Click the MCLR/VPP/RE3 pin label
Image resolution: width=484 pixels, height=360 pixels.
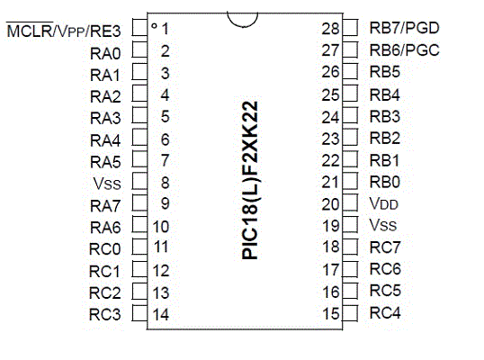64,31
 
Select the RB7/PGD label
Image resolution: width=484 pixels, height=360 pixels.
404,28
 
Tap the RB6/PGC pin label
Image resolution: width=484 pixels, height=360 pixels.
404,50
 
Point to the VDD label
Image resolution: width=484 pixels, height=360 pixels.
383,203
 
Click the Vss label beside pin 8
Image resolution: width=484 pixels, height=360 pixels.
107,184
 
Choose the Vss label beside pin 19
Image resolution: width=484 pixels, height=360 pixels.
382,225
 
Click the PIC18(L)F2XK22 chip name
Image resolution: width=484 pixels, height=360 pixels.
250,181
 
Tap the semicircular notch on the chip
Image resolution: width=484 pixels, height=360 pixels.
242,22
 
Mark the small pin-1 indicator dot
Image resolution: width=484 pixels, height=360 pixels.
154,25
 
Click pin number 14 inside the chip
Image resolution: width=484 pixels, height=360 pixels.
161,314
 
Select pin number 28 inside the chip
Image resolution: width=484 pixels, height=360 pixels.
330,29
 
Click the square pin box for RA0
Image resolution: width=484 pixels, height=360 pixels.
139,49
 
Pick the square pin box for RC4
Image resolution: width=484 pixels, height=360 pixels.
350,313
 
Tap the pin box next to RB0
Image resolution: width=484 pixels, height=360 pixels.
350,181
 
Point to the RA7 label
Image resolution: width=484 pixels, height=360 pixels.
105,206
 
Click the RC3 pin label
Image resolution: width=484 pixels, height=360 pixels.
104,315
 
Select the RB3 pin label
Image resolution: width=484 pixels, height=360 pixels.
385,116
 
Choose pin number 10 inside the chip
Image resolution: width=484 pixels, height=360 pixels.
161,227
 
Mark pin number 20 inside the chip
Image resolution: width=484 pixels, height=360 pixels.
330,204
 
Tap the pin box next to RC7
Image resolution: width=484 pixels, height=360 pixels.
350,247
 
